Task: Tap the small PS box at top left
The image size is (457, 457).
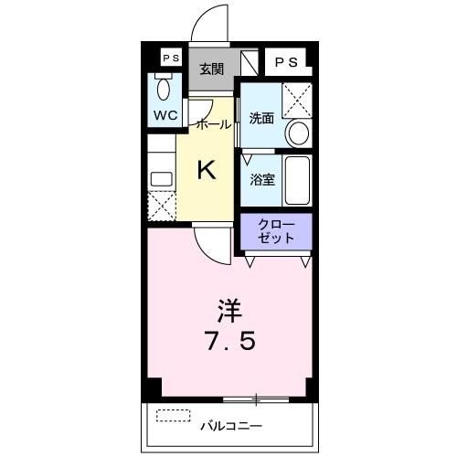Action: tap(169, 58)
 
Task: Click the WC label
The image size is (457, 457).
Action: tap(165, 116)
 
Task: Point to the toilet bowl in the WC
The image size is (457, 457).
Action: tap(165, 90)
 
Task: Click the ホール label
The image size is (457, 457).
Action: tap(213, 124)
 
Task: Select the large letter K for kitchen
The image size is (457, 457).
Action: tap(207, 170)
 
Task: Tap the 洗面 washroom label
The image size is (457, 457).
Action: tap(262, 118)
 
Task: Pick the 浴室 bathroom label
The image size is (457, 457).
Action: tap(262, 179)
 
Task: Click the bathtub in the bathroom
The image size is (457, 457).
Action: tap(298, 180)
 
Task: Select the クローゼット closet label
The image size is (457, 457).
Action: tap(276, 230)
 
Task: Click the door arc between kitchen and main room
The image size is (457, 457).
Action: tap(210, 239)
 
